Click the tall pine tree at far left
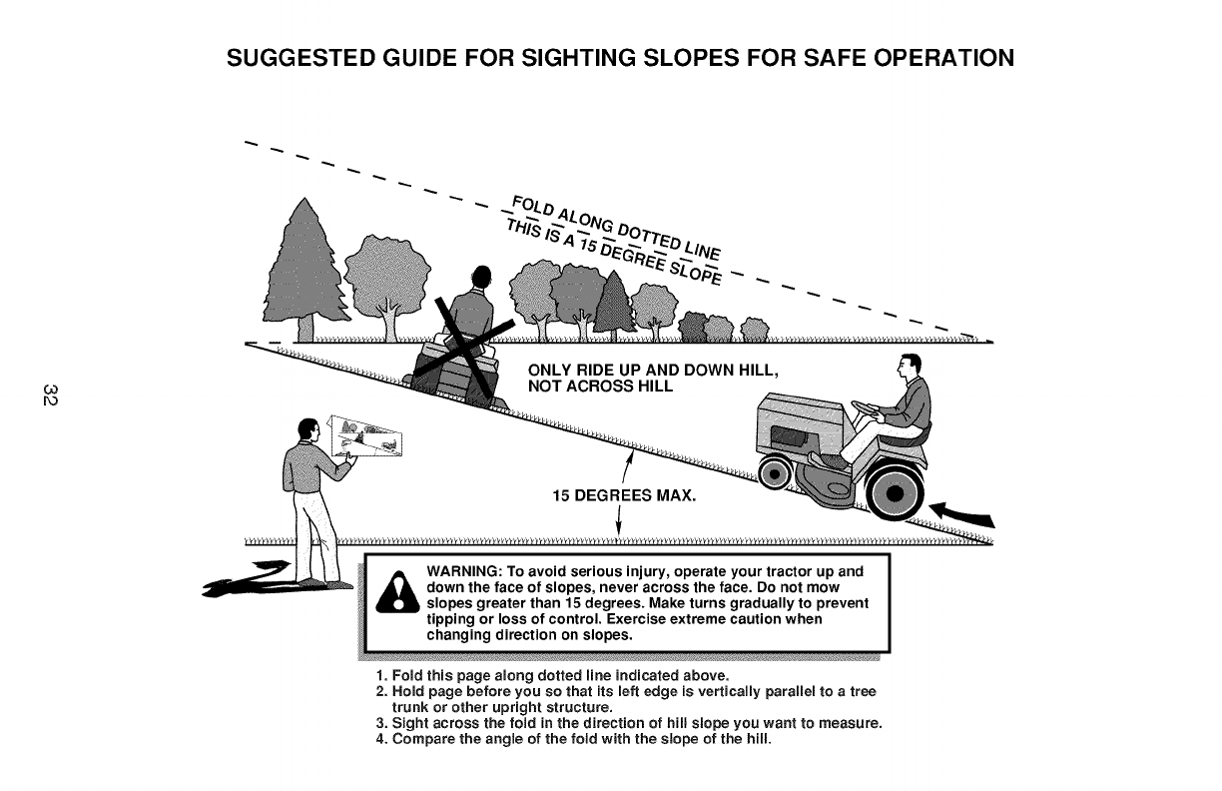(299, 265)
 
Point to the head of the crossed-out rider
(482, 277)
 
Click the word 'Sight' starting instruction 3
(409, 724)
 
